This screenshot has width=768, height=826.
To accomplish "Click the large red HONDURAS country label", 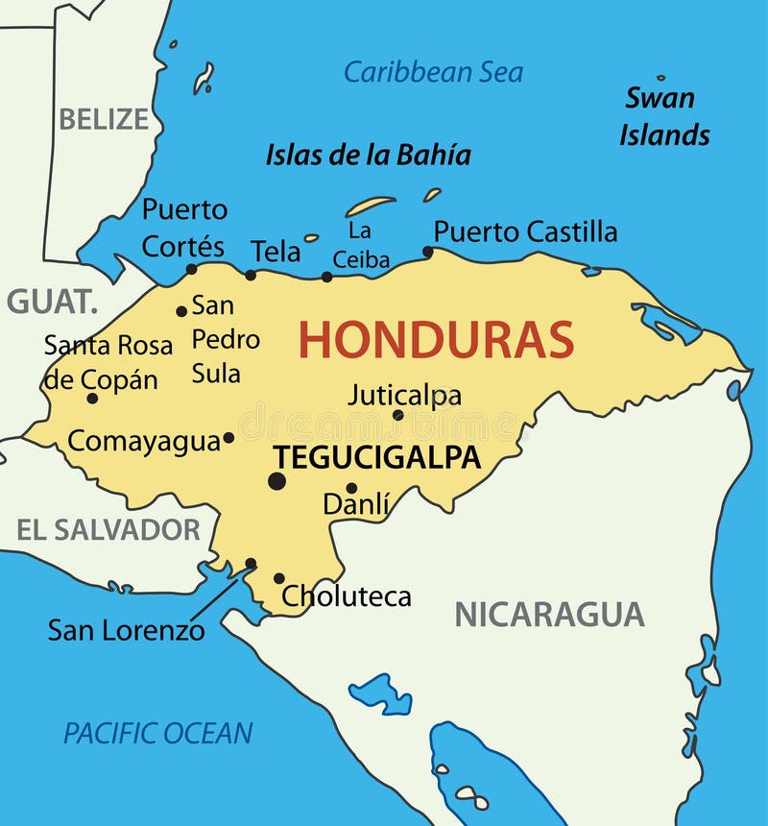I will (x=436, y=340).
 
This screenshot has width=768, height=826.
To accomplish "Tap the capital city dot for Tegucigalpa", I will (x=277, y=480).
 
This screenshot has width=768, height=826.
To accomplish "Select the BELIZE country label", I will (x=104, y=119).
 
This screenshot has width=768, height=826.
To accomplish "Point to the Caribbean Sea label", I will (x=434, y=72).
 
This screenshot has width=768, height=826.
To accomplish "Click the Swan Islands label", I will (x=663, y=116).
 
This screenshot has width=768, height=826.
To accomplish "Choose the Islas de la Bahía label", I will (x=368, y=155).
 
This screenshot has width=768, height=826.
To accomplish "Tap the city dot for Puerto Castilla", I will (x=428, y=253).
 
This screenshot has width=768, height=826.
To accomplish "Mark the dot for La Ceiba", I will (x=326, y=277).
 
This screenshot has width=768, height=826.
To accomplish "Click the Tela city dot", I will (x=251, y=275).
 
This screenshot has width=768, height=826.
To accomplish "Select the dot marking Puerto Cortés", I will (x=191, y=269).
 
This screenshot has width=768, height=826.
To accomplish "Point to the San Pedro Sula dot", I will (x=181, y=311).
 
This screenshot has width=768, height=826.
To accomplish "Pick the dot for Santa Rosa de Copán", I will (x=92, y=398).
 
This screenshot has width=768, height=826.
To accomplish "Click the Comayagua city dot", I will (x=228, y=438).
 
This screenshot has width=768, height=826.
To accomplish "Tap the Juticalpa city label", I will (x=404, y=395).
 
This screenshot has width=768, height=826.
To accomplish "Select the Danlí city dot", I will (x=351, y=488).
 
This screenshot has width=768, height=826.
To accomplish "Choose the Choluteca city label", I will (x=346, y=596).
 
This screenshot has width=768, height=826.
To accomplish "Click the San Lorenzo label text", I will (x=126, y=630).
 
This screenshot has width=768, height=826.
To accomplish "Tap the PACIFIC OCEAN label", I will (x=158, y=733).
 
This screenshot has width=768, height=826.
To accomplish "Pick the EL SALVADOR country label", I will (x=108, y=529).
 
